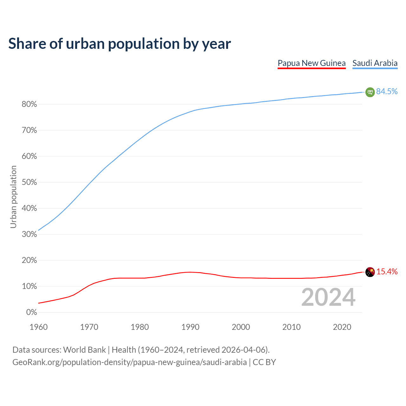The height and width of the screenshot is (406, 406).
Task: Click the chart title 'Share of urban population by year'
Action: pos(119,44)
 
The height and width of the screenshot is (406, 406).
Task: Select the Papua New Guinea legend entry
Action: pos(311,63)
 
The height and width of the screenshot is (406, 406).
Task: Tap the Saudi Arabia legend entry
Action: pos(375,63)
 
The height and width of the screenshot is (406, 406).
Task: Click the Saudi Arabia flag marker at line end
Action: pos(370,92)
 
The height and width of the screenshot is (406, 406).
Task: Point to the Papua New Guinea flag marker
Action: pos(370,272)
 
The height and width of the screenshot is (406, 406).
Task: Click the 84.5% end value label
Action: pos(387,92)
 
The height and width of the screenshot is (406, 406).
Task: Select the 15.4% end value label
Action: pos(387,272)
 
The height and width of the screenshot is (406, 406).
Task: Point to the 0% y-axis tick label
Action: pos(31,312)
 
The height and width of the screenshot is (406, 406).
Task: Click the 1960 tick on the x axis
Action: pos(38,327)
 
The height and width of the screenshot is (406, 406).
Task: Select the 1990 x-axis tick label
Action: pos(190,327)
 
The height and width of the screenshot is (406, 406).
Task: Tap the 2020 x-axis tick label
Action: pos(342,327)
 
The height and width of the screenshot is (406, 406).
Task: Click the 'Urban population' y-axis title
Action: pos(13,197)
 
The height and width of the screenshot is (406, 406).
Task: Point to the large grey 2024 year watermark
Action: pos(328,297)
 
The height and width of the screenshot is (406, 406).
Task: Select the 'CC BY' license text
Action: pos(264,362)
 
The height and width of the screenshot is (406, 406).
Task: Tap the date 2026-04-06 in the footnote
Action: pos(243,350)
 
